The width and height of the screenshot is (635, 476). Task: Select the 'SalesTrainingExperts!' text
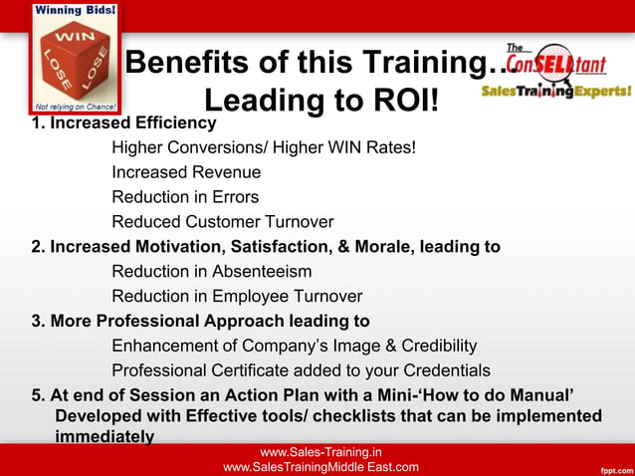(x=555, y=91)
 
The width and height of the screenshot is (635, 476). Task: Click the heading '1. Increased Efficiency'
(x=124, y=123)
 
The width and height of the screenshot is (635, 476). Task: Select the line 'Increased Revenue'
(x=186, y=172)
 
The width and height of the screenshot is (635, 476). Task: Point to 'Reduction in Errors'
(x=185, y=197)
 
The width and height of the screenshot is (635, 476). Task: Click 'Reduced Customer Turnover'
(x=222, y=222)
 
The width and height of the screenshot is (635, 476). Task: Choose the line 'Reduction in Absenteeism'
(x=211, y=272)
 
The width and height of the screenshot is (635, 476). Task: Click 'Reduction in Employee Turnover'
(x=237, y=297)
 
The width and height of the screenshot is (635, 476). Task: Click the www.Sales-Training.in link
(x=320, y=453)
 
